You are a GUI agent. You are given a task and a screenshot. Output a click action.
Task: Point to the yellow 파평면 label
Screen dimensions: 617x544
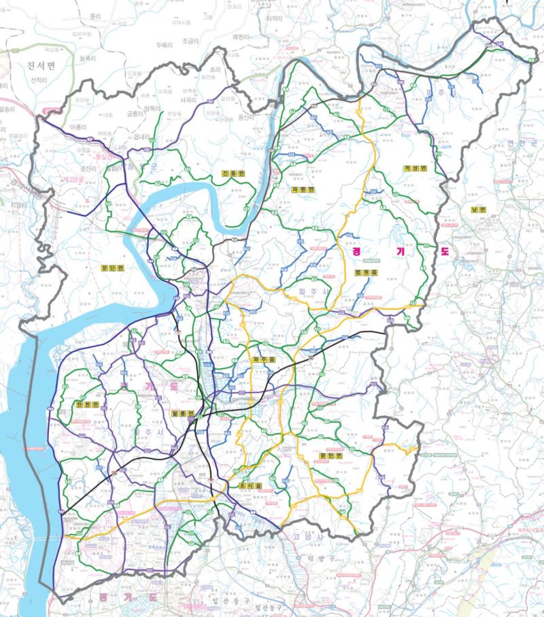pos(300,190)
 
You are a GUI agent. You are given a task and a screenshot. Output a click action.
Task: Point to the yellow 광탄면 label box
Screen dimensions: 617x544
pos(328,456)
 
